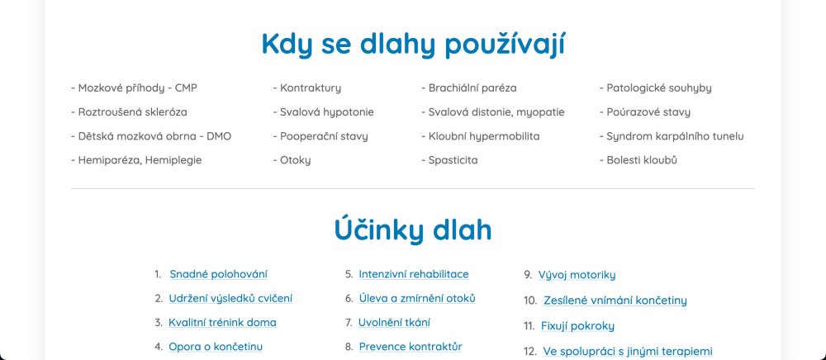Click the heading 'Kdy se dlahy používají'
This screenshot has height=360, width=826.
(x=413, y=45)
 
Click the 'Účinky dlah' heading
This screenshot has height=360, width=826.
(x=413, y=230)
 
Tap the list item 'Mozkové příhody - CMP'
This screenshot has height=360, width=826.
(x=135, y=88)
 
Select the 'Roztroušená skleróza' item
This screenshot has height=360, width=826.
(x=129, y=112)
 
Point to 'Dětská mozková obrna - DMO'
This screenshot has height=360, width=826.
(x=151, y=136)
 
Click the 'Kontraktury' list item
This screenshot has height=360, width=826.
(x=307, y=88)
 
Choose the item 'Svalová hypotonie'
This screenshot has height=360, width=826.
(x=324, y=112)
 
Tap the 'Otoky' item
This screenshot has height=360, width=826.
(x=292, y=160)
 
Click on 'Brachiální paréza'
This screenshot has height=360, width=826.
(x=469, y=88)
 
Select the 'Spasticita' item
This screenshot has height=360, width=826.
(x=450, y=160)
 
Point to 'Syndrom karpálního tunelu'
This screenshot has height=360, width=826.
(x=672, y=137)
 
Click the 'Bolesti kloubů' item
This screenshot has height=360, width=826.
(x=638, y=160)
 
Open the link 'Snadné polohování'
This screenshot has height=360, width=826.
(x=219, y=274)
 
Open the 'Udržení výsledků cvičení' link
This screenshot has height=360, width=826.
(x=230, y=298)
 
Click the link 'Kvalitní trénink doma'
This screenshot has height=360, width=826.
(x=222, y=323)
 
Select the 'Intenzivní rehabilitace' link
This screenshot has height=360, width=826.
(x=414, y=274)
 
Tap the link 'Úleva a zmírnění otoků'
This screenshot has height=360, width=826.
(x=417, y=298)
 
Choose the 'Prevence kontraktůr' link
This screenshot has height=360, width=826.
(x=411, y=347)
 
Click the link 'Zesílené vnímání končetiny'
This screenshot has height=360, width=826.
(x=615, y=301)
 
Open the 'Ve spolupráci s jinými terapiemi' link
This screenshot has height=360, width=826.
(x=628, y=352)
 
